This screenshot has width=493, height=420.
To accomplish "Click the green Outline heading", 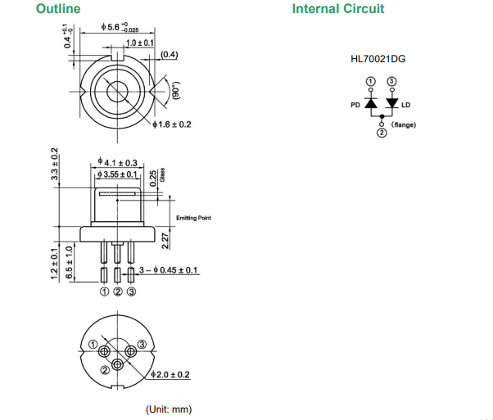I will click(x=57, y=9).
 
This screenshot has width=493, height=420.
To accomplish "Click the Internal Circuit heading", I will click(x=337, y=9).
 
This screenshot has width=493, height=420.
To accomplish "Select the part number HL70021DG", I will click(x=378, y=60).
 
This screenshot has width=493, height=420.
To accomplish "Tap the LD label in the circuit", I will click(x=407, y=104).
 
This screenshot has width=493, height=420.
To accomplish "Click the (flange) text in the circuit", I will click(x=405, y=124).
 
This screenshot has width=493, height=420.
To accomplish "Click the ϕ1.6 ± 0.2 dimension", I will click(x=172, y=124).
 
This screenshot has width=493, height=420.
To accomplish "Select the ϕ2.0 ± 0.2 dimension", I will click(x=172, y=374).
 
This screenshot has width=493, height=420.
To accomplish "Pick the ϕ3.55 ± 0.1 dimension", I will click(x=117, y=174).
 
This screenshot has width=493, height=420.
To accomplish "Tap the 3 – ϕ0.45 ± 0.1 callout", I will click(x=169, y=269).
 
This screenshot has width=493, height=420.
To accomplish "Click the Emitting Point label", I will click(x=193, y=218).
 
